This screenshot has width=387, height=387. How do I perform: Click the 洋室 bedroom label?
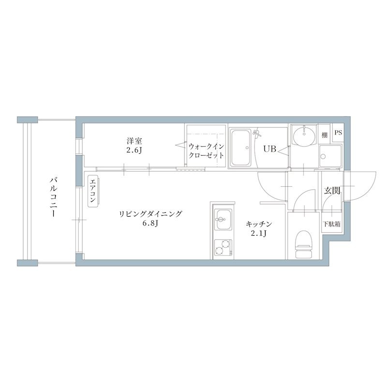pos(134,141)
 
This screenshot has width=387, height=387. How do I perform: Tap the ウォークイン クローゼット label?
pos(206,150)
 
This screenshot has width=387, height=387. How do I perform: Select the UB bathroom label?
pos(269,149)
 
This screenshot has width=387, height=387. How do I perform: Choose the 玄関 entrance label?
pos(331,191)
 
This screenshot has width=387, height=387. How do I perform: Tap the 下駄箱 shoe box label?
pos(331,224)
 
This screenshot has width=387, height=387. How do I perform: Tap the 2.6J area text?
pos(134,150)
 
